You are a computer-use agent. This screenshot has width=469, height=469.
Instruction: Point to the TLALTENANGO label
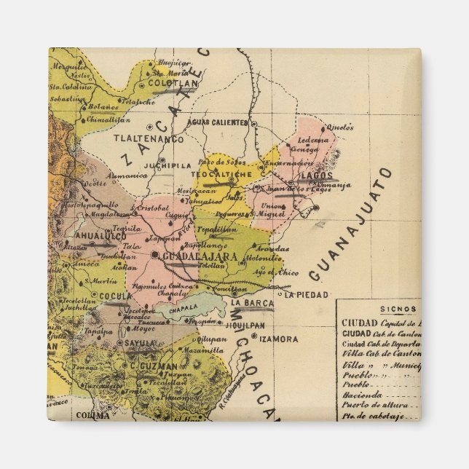[x=149, y=137]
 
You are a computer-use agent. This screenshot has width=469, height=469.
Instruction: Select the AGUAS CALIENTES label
[x=218, y=123]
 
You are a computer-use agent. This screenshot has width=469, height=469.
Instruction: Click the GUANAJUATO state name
[x=351, y=224]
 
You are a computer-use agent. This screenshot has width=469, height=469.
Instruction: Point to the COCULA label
[x=116, y=296]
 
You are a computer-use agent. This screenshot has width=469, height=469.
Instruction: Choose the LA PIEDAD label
[x=307, y=295]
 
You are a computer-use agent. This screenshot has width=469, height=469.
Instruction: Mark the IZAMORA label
[x=279, y=339]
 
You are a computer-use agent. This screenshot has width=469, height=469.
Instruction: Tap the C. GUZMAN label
[x=154, y=366]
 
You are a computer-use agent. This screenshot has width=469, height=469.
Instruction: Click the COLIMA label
[x=93, y=415]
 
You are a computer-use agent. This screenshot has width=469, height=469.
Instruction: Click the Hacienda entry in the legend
[x=362, y=393]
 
